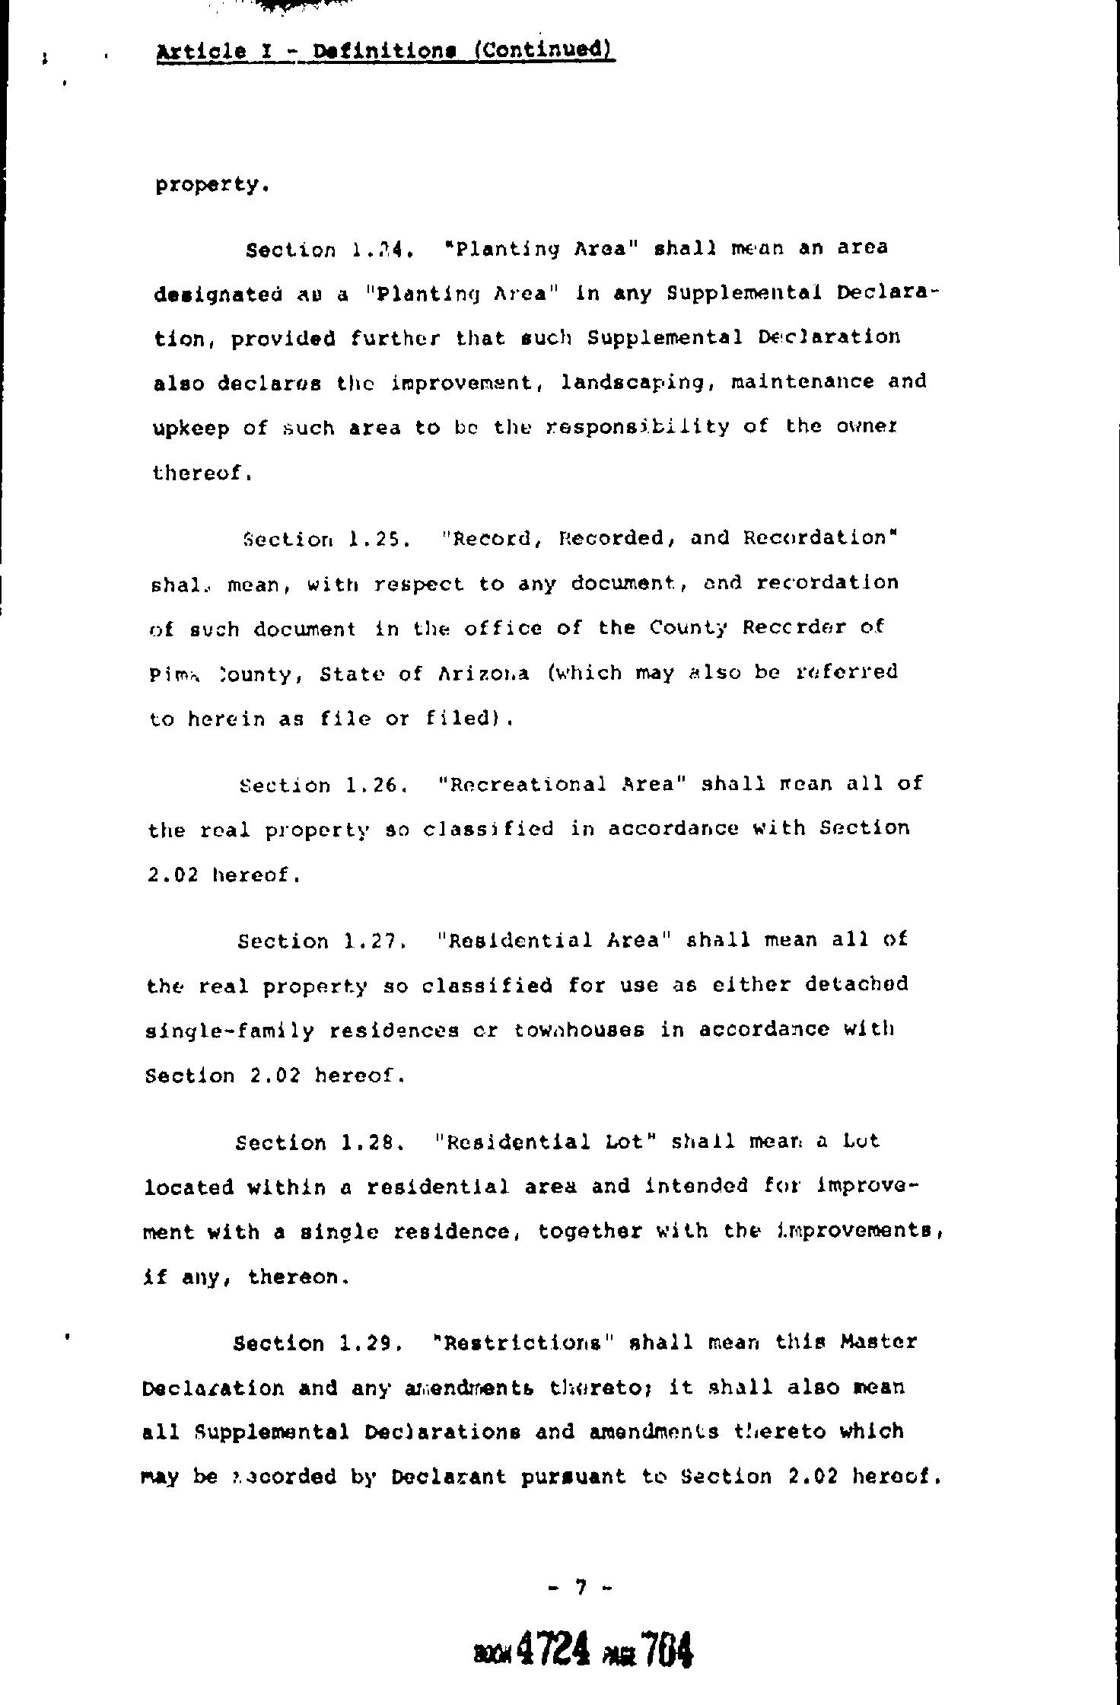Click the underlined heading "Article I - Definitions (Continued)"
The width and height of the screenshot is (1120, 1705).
pyautogui.click(x=385, y=51)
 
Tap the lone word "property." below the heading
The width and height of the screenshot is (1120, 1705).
pyautogui.click(x=212, y=185)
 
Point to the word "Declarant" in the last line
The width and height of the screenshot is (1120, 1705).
pyautogui.click(x=449, y=1477)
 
